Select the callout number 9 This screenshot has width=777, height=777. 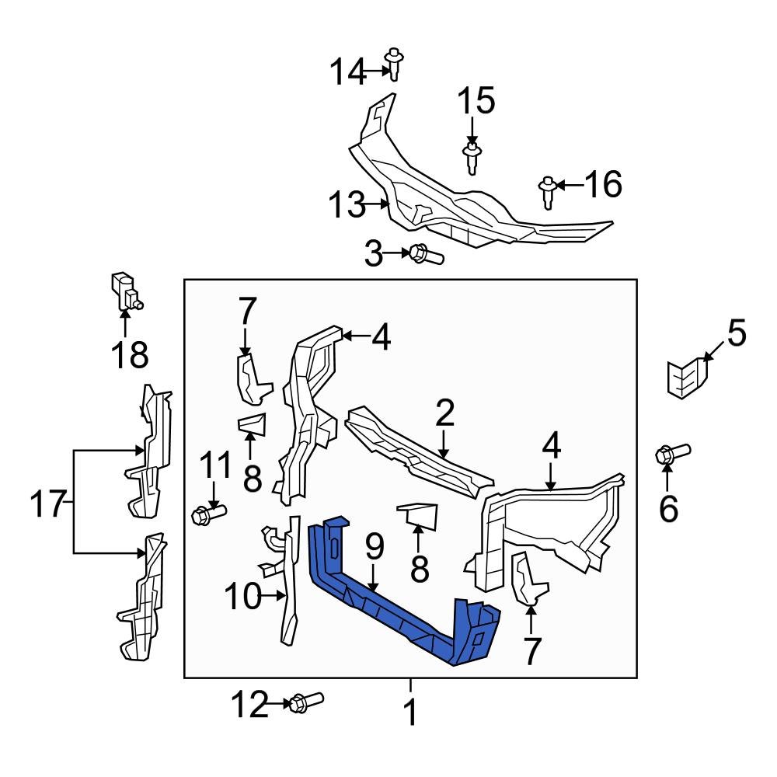pos(375,548)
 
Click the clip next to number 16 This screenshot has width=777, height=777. pos(548,191)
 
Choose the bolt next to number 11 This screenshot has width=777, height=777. pos(207,513)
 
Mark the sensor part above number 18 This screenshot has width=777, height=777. pos(125,292)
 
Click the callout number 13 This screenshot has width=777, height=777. pos(345,206)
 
